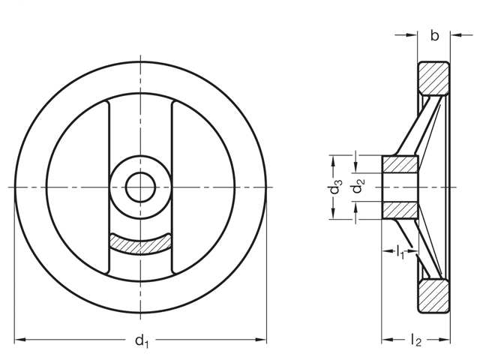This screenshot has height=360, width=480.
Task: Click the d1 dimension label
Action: click(x=142, y=340)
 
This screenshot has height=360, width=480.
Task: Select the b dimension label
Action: click(x=434, y=35)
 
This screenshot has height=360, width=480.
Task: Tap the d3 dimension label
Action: click(x=336, y=187)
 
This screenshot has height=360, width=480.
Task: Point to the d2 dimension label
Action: click(x=358, y=186)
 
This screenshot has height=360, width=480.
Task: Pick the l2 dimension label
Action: click(x=416, y=340)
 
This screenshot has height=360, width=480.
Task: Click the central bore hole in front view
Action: click(x=140, y=187)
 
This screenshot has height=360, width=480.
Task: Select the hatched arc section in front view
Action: click(x=140, y=243)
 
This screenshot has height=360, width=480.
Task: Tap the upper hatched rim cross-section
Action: click(x=433, y=79)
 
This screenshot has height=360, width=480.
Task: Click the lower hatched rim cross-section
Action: click(x=433, y=296)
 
